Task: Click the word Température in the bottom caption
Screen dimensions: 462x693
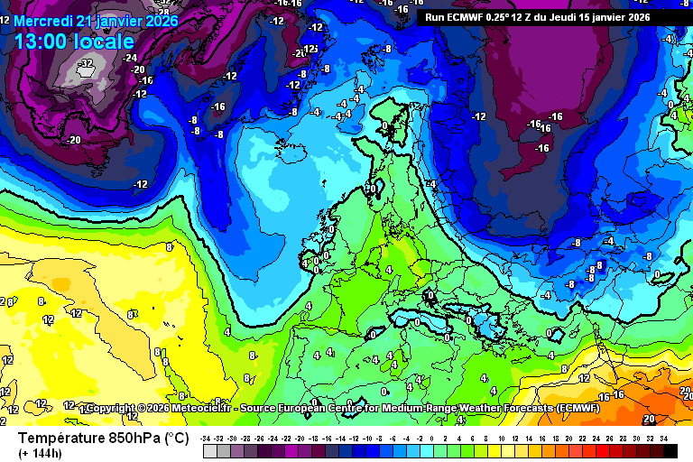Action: (x=63, y=439)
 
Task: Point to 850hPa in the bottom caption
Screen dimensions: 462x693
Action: (x=135, y=439)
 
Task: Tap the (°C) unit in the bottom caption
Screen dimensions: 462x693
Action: (x=176, y=439)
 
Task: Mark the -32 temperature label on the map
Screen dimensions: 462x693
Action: (x=86, y=64)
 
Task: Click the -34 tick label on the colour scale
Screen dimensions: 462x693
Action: (x=208, y=438)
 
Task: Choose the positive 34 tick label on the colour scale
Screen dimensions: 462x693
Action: (x=664, y=438)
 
